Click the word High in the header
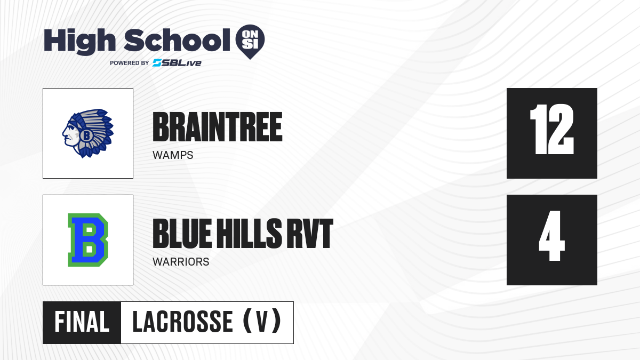click(79, 41)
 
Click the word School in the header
click(177, 40)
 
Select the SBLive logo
click(177, 63)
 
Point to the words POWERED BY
click(130, 63)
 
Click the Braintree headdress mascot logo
click(88, 133)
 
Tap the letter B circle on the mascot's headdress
click(86, 135)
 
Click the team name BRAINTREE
click(218, 127)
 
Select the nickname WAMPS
click(173, 155)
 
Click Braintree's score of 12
click(551, 129)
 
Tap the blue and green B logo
click(88, 240)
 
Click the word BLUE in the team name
click(182, 234)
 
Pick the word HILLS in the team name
click(250, 234)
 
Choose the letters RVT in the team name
click(310, 234)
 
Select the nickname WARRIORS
click(181, 262)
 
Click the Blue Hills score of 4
click(551, 236)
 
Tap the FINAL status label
click(82, 322)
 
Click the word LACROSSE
click(183, 322)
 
